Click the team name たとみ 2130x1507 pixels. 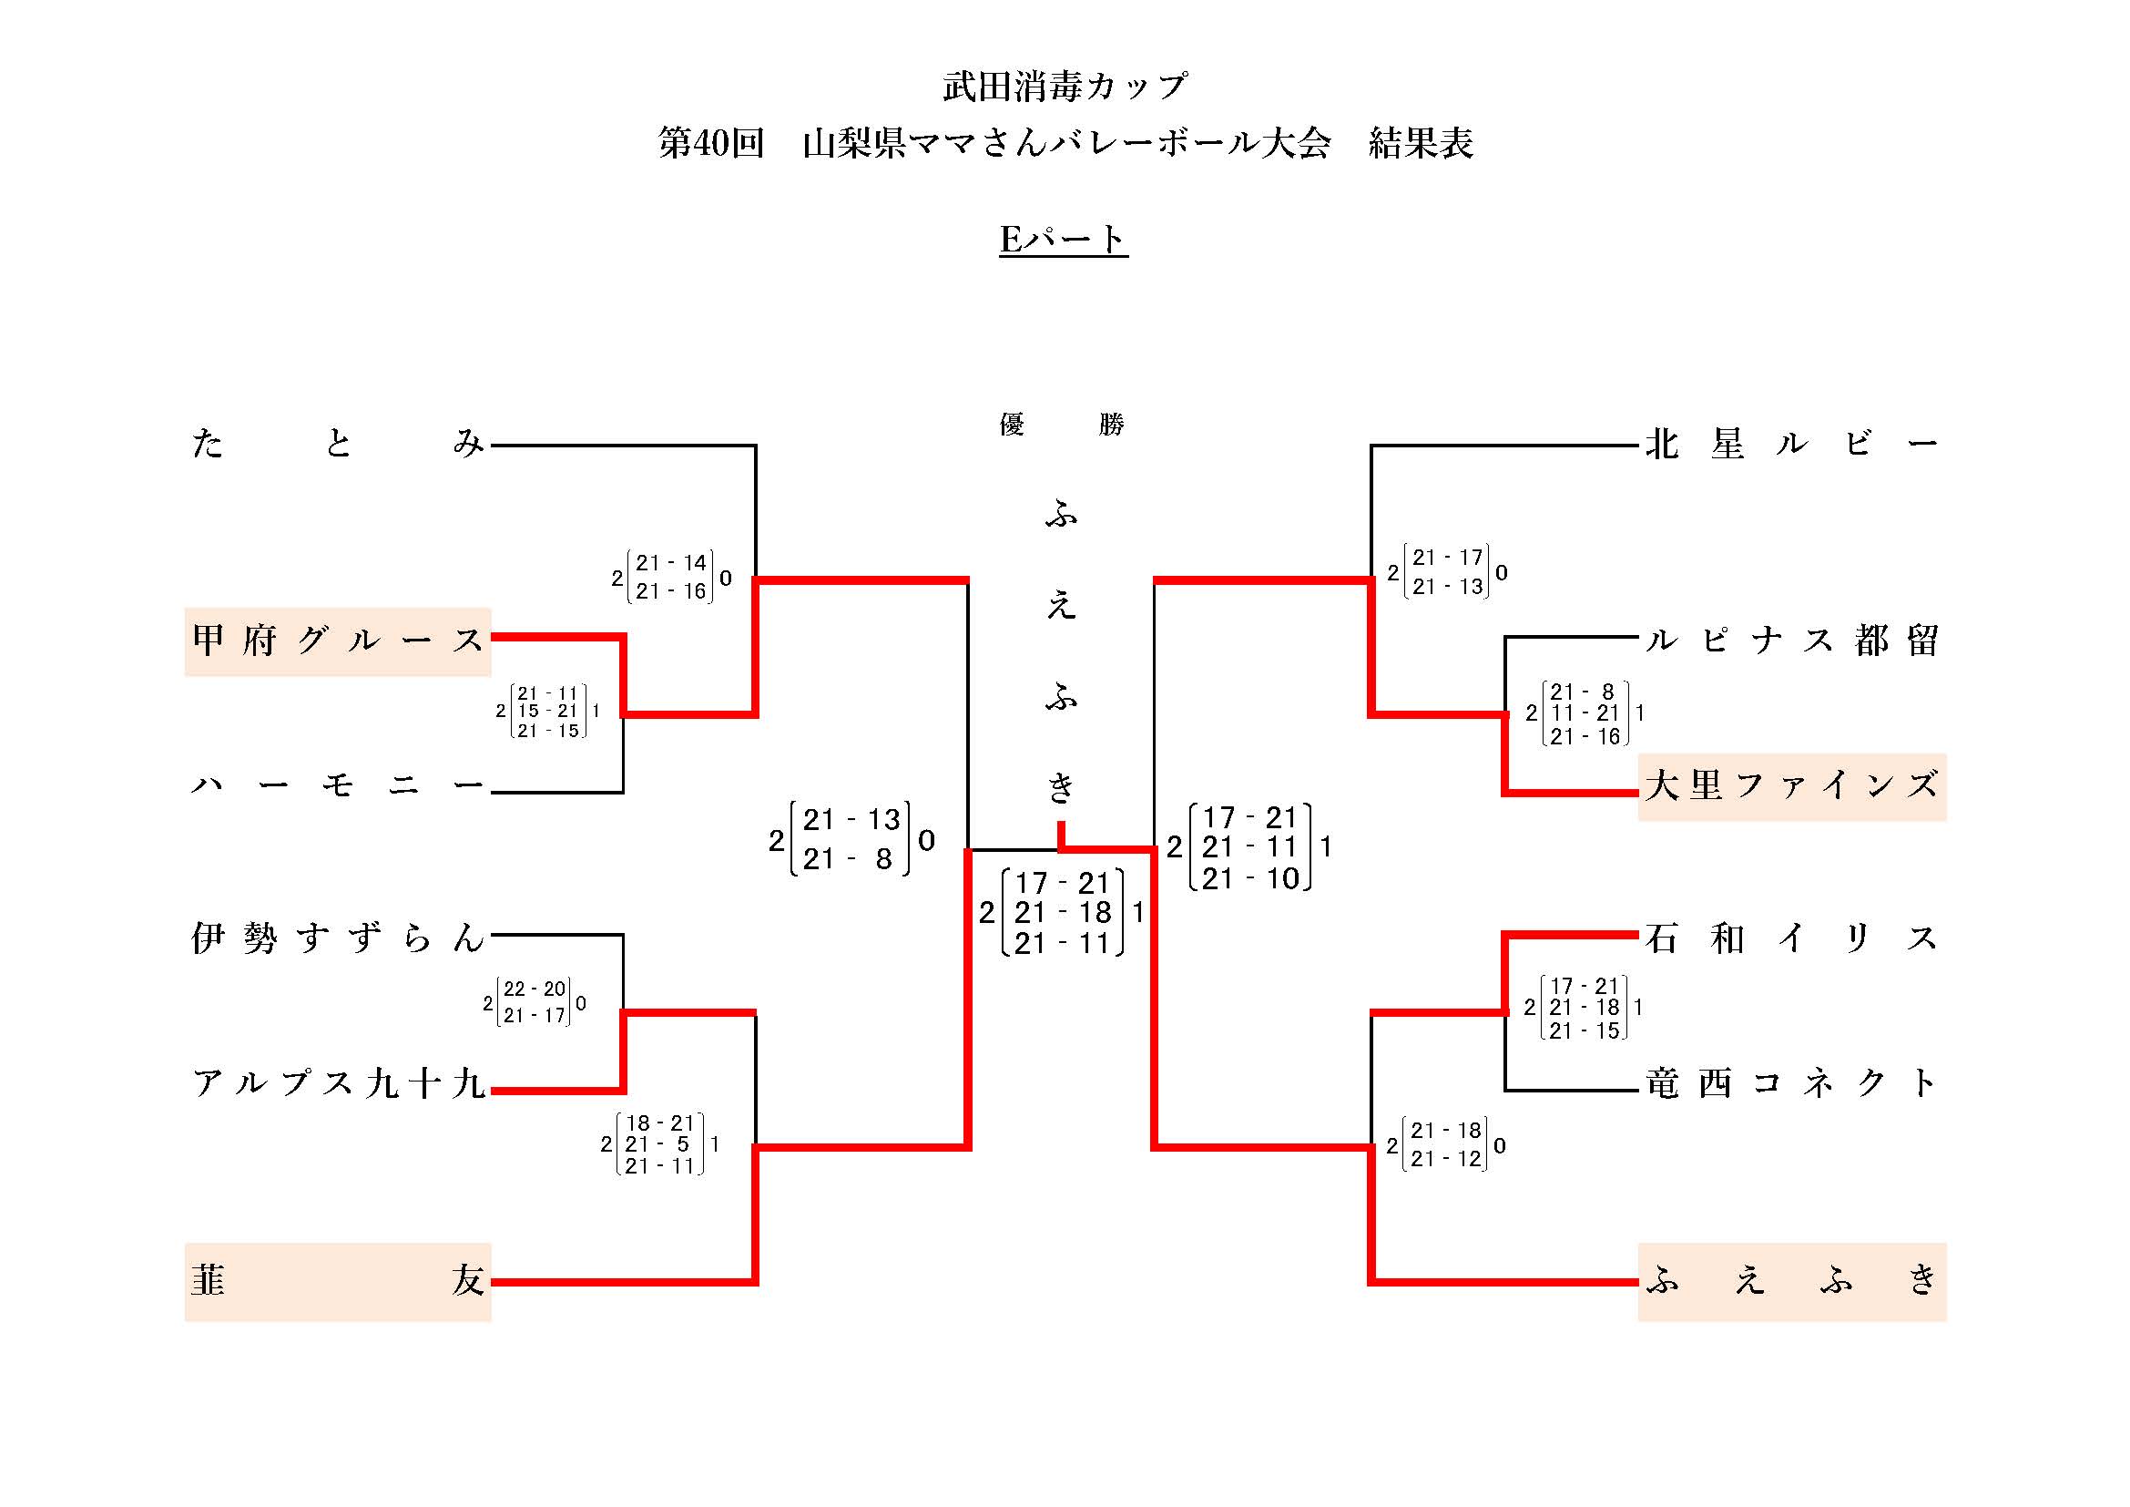[x=338, y=444]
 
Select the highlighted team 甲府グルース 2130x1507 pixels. [x=338, y=641]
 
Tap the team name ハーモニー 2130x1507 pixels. [x=338, y=786]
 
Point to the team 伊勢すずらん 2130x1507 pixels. [x=338, y=938]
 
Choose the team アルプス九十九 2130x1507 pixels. [x=338, y=1083]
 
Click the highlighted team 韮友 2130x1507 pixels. [x=338, y=1282]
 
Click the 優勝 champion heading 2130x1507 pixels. [x=1061, y=424]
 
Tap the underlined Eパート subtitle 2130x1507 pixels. [x=1063, y=240]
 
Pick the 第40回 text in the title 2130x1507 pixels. [x=710, y=143]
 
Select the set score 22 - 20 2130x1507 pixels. [x=535, y=989]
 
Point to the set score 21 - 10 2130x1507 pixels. [x=1249, y=877]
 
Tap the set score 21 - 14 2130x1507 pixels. [x=671, y=562]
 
